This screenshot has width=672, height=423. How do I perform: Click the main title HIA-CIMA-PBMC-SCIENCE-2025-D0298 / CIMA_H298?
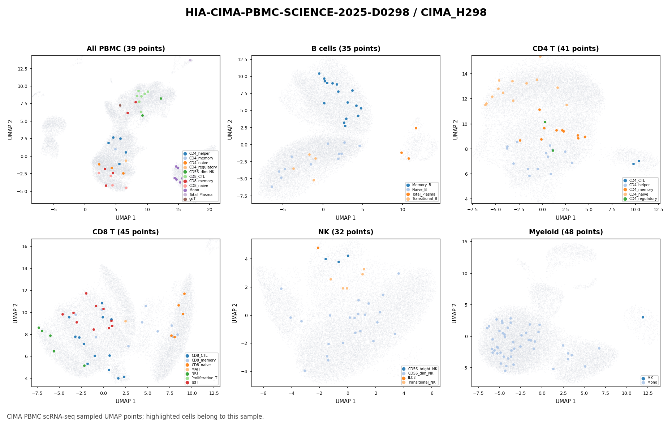click(x=336, y=13)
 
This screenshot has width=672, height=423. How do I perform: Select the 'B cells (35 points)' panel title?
click(x=346, y=49)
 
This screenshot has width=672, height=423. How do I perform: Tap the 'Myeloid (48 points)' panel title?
click(x=566, y=232)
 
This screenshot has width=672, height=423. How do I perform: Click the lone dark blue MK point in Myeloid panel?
click(x=643, y=317)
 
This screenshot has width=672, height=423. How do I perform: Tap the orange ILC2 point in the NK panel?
click(x=318, y=248)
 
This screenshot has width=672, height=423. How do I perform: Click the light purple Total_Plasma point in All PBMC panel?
click(x=190, y=60)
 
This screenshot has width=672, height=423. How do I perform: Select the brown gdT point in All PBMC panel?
click(x=120, y=105)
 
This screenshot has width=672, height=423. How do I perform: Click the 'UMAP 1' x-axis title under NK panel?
click(x=346, y=401)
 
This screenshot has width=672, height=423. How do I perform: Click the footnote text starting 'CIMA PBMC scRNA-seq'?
click(x=135, y=416)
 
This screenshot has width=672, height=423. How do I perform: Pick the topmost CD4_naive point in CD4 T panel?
click(x=540, y=56)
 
